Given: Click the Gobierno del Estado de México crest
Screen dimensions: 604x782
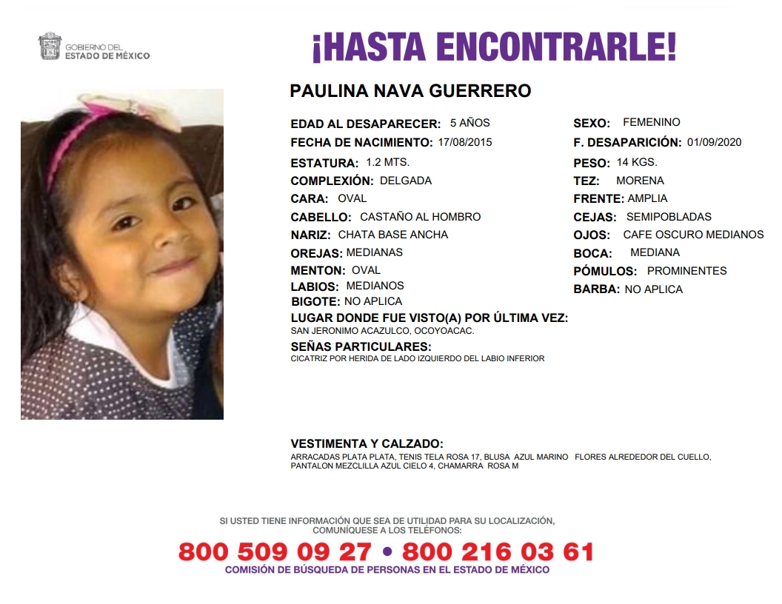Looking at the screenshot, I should [x=50, y=47].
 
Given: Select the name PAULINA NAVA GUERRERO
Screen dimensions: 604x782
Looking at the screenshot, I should [x=410, y=91].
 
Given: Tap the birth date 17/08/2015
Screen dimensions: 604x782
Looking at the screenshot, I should [x=465, y=142].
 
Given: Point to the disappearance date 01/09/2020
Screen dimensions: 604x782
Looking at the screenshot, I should [x=714, y=142].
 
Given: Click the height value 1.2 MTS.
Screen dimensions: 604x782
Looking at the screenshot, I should [x=387, y=162].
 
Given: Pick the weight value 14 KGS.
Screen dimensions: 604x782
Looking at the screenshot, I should [x=636, y=162].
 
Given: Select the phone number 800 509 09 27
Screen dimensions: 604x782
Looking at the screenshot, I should [x=275, y=552].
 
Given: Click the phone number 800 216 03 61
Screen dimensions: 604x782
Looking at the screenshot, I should [x=498, y=552].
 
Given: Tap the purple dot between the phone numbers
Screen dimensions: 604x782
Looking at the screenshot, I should [x=387, y=552].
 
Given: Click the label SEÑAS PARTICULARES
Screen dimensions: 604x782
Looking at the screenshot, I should [x=361, y=346].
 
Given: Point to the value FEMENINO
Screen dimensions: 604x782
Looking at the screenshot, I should [x=651, y=122].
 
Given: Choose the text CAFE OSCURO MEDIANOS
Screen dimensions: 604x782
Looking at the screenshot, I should [x=693, y=235].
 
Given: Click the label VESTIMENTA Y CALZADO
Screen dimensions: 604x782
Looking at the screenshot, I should [x=367, y=444].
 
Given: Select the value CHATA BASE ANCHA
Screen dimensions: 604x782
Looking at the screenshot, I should [x=392, y=235].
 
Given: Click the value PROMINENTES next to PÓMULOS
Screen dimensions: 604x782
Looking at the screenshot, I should [x=686, y=271].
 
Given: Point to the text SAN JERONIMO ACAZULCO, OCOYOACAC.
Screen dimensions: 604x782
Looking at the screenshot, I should [x=382, y=331].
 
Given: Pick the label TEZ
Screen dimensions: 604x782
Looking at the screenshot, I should [x=586, y=181].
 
